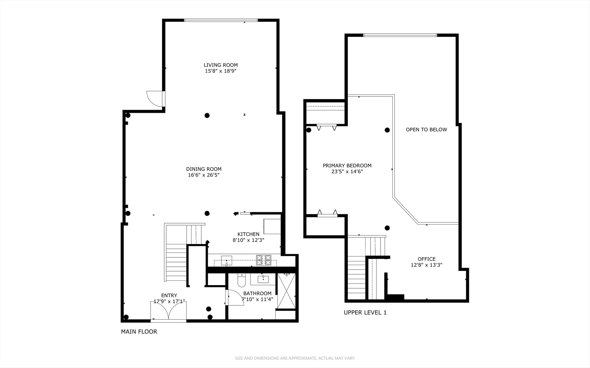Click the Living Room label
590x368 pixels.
tap(220, 65)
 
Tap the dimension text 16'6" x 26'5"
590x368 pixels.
tap(203, 175)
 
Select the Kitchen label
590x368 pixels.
tap(248, 234)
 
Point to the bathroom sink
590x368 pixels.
tap(263, 279)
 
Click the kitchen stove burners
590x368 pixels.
tap(263, 260)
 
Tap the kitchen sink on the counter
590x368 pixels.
tap(226, 261)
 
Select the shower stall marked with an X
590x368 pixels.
tap(286, 291)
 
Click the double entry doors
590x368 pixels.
tap(169, 311)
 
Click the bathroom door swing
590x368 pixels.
tap(234, 297)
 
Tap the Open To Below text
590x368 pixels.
tap(426, 129)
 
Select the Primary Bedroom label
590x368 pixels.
tap(347, 166)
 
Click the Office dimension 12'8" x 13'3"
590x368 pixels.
tap(426, 265)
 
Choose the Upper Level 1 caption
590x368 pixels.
tap(365, 312)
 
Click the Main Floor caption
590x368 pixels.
tap(139, 332)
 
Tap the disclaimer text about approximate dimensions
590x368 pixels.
tap(294, 358)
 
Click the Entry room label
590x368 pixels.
tap(169, 295)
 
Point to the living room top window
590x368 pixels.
tap(221, 20)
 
